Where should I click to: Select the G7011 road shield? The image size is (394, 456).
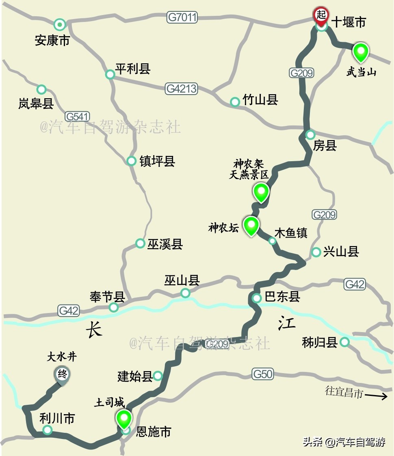(182, 17)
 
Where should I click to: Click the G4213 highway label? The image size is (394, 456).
(181, 89)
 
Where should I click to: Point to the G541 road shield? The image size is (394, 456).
(77, 116)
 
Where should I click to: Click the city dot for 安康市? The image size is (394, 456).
(60, 25)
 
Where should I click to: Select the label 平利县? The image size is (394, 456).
(133, 69)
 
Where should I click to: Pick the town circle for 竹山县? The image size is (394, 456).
(235, 102)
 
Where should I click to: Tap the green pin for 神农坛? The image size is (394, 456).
(251, 225)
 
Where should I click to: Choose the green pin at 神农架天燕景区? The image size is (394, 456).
(261, 191)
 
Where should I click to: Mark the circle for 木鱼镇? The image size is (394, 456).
(273, 241)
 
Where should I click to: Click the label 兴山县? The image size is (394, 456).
(341, 252)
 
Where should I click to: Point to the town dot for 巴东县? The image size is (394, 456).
(257, 298)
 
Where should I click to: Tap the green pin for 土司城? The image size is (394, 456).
(124, 418)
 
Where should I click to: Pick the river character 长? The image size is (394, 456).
(94, 329)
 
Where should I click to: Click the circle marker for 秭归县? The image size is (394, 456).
(344, 342)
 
